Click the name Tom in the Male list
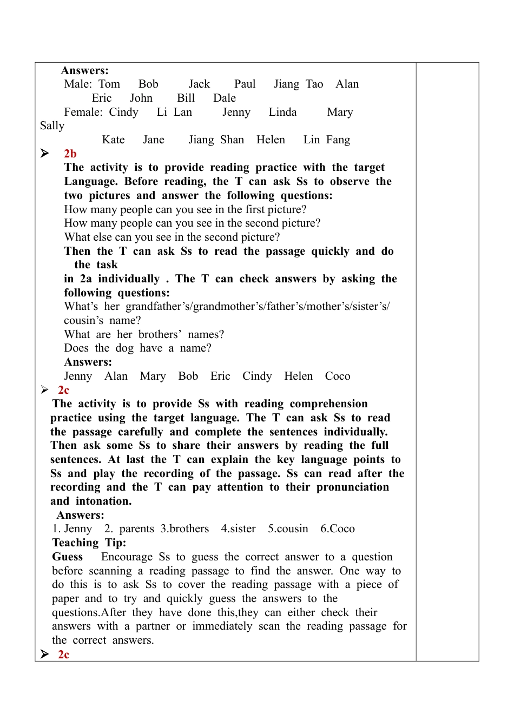[x=109, y=84]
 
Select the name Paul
[x=245, y=84]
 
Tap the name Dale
[x=225, y=98]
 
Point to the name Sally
[x=52, y=125]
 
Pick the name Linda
[x=282, y=112]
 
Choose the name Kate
[x=113, y=140]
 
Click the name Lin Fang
[x=327, y=140]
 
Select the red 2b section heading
[x=70, y=154]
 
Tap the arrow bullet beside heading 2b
[x=45, y=154]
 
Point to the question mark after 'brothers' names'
[x=221, y=334]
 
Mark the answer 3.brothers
[x=184, y=528]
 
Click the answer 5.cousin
[x=288, y=528]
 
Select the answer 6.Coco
[x=338, y=528]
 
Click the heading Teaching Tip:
[x=89, y=543]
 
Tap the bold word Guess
[x=68, y=557]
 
